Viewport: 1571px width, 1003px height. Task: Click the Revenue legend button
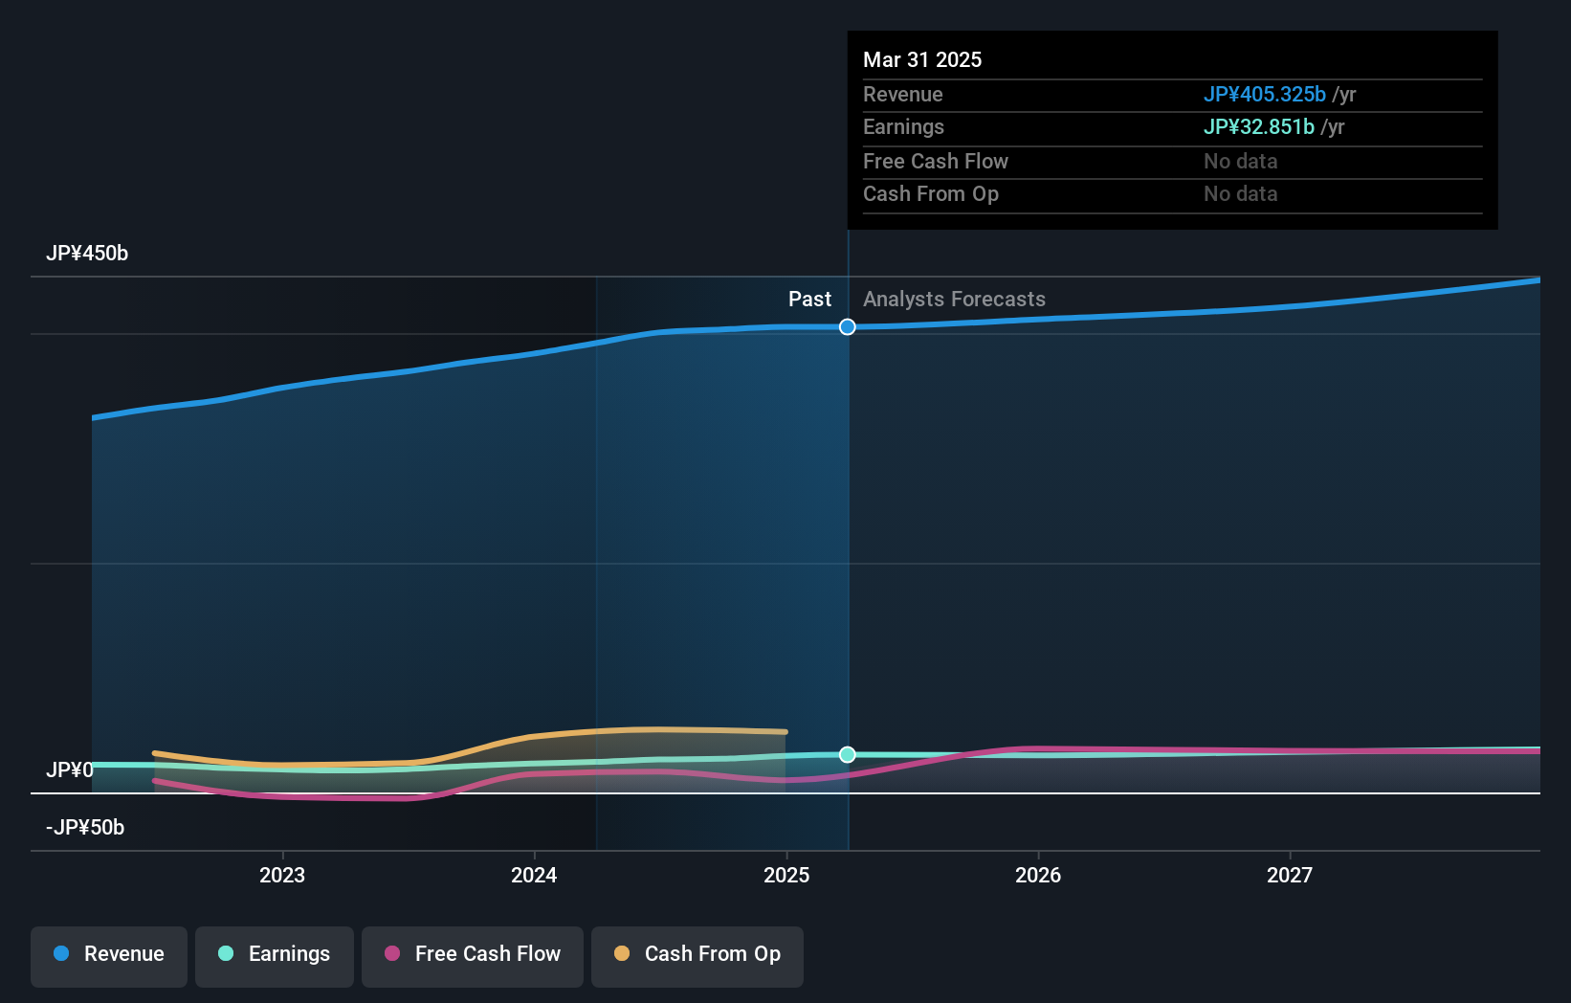(x=109, y=954)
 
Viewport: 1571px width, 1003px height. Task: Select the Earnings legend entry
(x=275, y=954)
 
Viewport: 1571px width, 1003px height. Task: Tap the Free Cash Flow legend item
(x=473, y=954)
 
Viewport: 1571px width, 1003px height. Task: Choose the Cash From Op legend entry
(x=697, y=954)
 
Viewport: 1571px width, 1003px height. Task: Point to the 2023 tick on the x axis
(x=282, y=875)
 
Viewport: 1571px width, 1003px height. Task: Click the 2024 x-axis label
(x=534, y=875)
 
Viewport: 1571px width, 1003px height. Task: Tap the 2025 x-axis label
(x=786, y=875)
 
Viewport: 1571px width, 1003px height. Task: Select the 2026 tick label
(x=1038, y=875)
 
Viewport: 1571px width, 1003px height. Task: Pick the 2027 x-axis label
(x=1290, y=875)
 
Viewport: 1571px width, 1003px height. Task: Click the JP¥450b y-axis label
(x=87, y=254)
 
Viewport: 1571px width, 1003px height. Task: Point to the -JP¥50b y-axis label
(x=85, y=828)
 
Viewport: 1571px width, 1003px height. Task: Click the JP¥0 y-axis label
(x=70, y=770)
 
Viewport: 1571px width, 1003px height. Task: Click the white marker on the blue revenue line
(x=848, y=327)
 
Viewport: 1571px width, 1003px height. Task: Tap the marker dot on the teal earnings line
(x=848, y=755)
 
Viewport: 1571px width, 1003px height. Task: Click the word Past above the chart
(x=809, y=300)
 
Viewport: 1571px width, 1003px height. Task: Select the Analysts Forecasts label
(x=954, y=300)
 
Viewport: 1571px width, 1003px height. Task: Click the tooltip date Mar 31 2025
(x=922, y=59)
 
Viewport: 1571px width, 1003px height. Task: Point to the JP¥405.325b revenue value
(x=1264, y=94)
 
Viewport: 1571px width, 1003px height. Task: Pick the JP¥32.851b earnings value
(x=1258, y=127)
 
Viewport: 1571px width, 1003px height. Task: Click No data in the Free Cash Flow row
(x=1240, y=161)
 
